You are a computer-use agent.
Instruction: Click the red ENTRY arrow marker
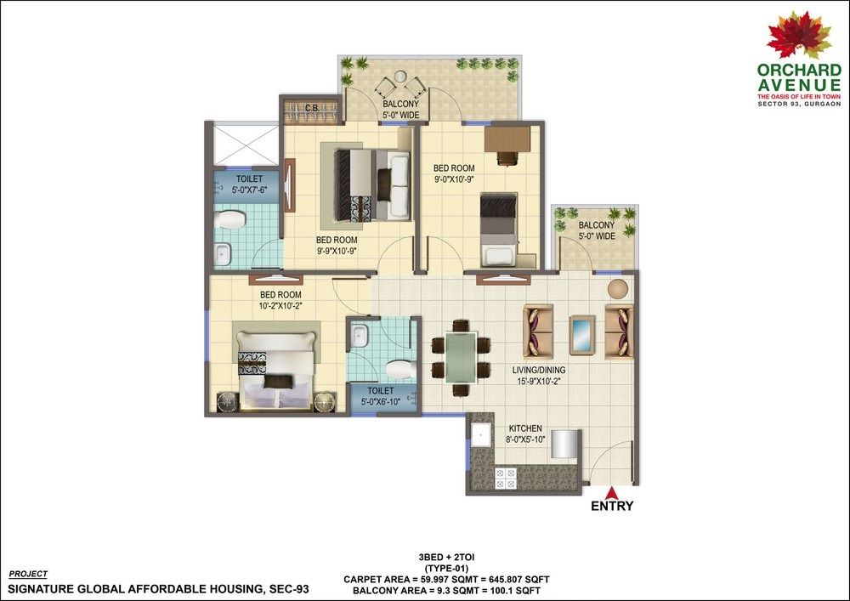click(612, 492)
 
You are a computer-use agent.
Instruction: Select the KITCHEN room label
click(524, 428)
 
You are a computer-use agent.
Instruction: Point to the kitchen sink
click(481, 434)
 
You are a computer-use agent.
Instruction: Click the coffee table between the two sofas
click(581, 335)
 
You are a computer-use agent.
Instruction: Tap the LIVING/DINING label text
click(539, 370)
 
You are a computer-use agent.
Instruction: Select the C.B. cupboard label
click(312, 108)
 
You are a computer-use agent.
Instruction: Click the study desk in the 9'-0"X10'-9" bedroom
click(507, 139)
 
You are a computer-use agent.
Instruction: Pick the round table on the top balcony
click(399, 77)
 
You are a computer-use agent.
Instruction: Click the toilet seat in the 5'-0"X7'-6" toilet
click(229, 220)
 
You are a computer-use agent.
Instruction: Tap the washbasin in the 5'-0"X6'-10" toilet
click(358, 336)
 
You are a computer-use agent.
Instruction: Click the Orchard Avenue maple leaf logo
click(799, 34)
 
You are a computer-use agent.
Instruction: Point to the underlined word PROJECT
click(28, 574)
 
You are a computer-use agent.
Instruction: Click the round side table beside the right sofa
click(617, 288)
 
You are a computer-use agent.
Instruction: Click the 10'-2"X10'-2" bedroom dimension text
click(280, 305)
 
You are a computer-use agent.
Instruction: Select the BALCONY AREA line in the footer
click(446, 591)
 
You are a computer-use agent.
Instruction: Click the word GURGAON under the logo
click(824, 104)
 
